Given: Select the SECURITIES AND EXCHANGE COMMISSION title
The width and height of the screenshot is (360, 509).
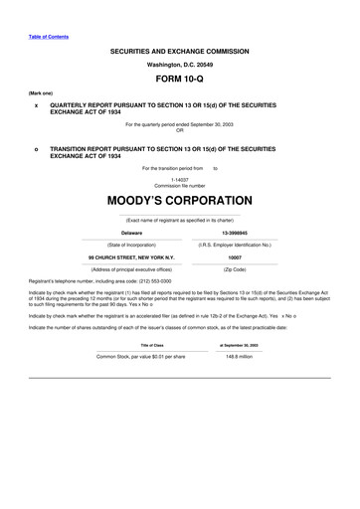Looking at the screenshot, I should click(179, 51).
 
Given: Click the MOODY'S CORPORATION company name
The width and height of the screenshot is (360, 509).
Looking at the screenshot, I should click(179, 201).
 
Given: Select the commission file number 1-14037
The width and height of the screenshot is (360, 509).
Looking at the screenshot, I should click(179, 179).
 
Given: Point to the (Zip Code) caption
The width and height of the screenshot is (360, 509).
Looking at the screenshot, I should click(235, 269).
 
